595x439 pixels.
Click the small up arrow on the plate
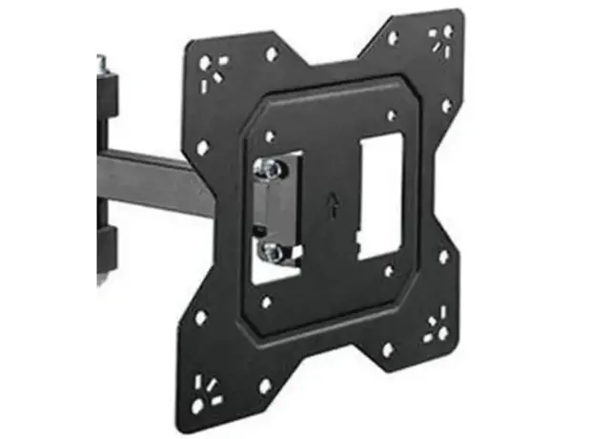pos(332,205)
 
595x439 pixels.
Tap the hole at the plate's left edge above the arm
pos(202,148)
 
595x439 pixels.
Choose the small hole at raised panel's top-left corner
pos(270,136)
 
